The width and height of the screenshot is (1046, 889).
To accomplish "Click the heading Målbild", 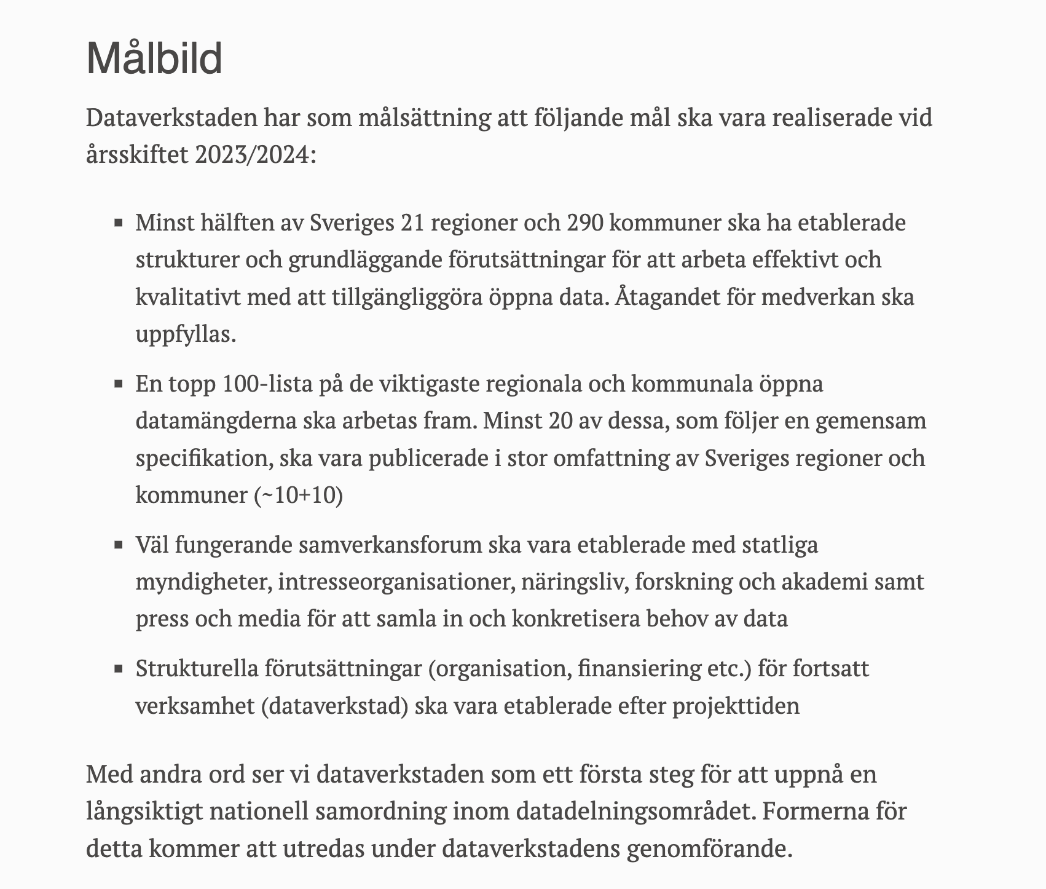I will pyautogui.click(x=154, y=59).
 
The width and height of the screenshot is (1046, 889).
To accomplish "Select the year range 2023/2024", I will pyautogui.click(x=255, y=154).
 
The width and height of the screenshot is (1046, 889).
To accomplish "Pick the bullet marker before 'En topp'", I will pyautogui.click(x=119, y=385).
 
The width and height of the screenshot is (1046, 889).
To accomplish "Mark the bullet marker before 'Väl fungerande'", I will pyautogui.click(x=119, y=545).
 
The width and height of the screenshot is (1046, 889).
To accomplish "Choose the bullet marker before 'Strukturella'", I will pyautogui.click(x=119, y=669).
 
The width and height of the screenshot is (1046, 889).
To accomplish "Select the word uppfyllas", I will pyautogui.click(x=186, y=335).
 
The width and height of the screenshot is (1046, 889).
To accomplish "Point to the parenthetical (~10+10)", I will pyautogui.click(x=298, y=496).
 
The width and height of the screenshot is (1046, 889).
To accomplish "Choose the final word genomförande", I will pyautogui.click(x=706, y=850).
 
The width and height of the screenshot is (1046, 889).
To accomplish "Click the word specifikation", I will pyautogui.click(x=202, y=459).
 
